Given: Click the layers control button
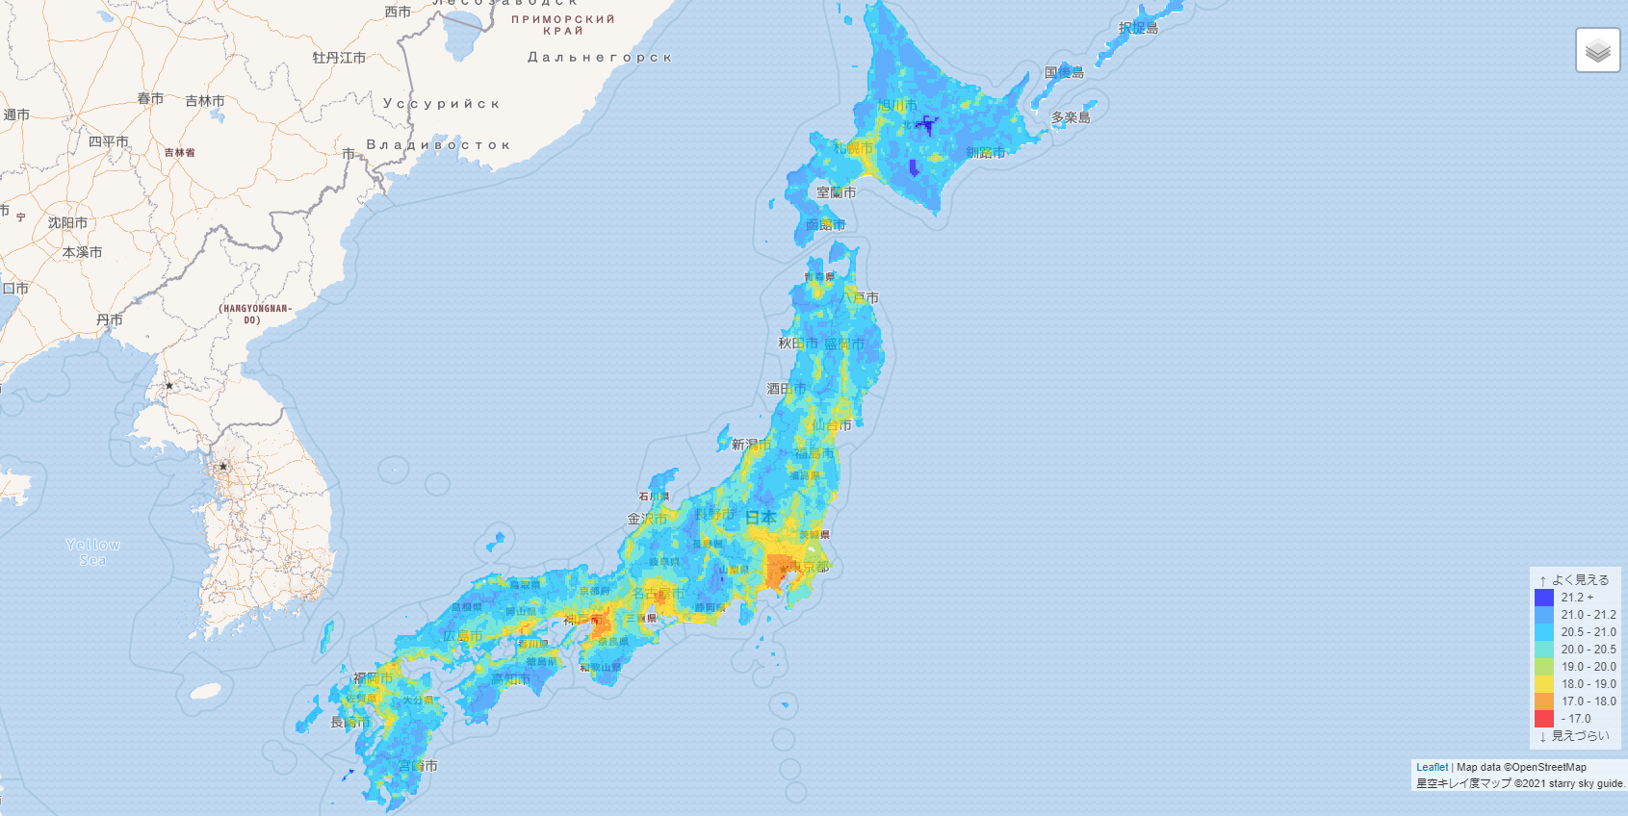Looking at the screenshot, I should tap(1597, 50).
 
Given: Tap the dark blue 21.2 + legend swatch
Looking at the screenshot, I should tap(1544, 598).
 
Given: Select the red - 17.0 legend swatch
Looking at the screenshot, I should tap(1544, 719).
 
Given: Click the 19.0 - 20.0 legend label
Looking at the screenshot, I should tap(1589, 667).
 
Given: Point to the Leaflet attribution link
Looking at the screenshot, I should tap(1432, 767).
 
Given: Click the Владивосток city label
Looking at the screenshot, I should tap(438, 145).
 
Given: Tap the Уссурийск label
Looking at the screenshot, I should tap(441, 104).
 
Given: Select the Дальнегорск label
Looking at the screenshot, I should tap(599, 58).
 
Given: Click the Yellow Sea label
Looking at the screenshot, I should tap(92, 552).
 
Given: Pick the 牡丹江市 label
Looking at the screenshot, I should tap(339, 58).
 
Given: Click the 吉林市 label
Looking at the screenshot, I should tap(204, 101).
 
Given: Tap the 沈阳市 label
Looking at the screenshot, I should tap(67, 223).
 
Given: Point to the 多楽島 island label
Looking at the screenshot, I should tap(1071, 117).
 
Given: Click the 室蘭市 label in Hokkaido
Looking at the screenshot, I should tap(836, 192).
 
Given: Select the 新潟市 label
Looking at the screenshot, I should tap(751, 445).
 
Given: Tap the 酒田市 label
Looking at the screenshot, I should tap(786, 389).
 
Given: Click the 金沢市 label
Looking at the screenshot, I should tap(647, 519).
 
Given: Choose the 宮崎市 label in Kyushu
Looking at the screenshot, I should tap(418, 766).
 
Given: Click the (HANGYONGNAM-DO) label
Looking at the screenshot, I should tap(254, 314).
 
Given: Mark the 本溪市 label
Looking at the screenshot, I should tap(82, 252).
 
